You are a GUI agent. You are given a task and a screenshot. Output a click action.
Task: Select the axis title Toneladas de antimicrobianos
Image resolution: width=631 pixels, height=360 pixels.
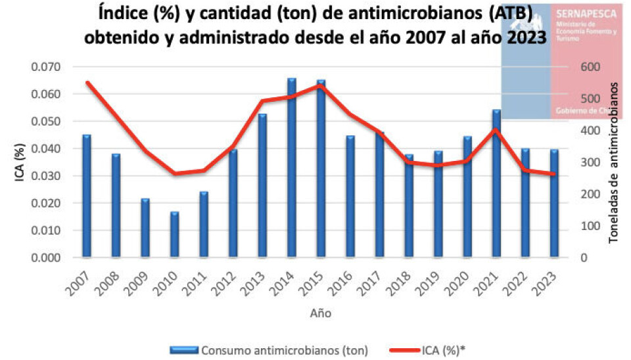pyautogui.click(x=615, y=162)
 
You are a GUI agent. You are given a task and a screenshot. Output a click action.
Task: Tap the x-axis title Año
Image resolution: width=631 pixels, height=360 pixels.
pyautogui.click(x=321, y=313)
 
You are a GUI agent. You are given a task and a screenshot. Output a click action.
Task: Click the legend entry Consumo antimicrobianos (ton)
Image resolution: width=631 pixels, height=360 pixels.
pyautogui.click(x=285, y=349)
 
